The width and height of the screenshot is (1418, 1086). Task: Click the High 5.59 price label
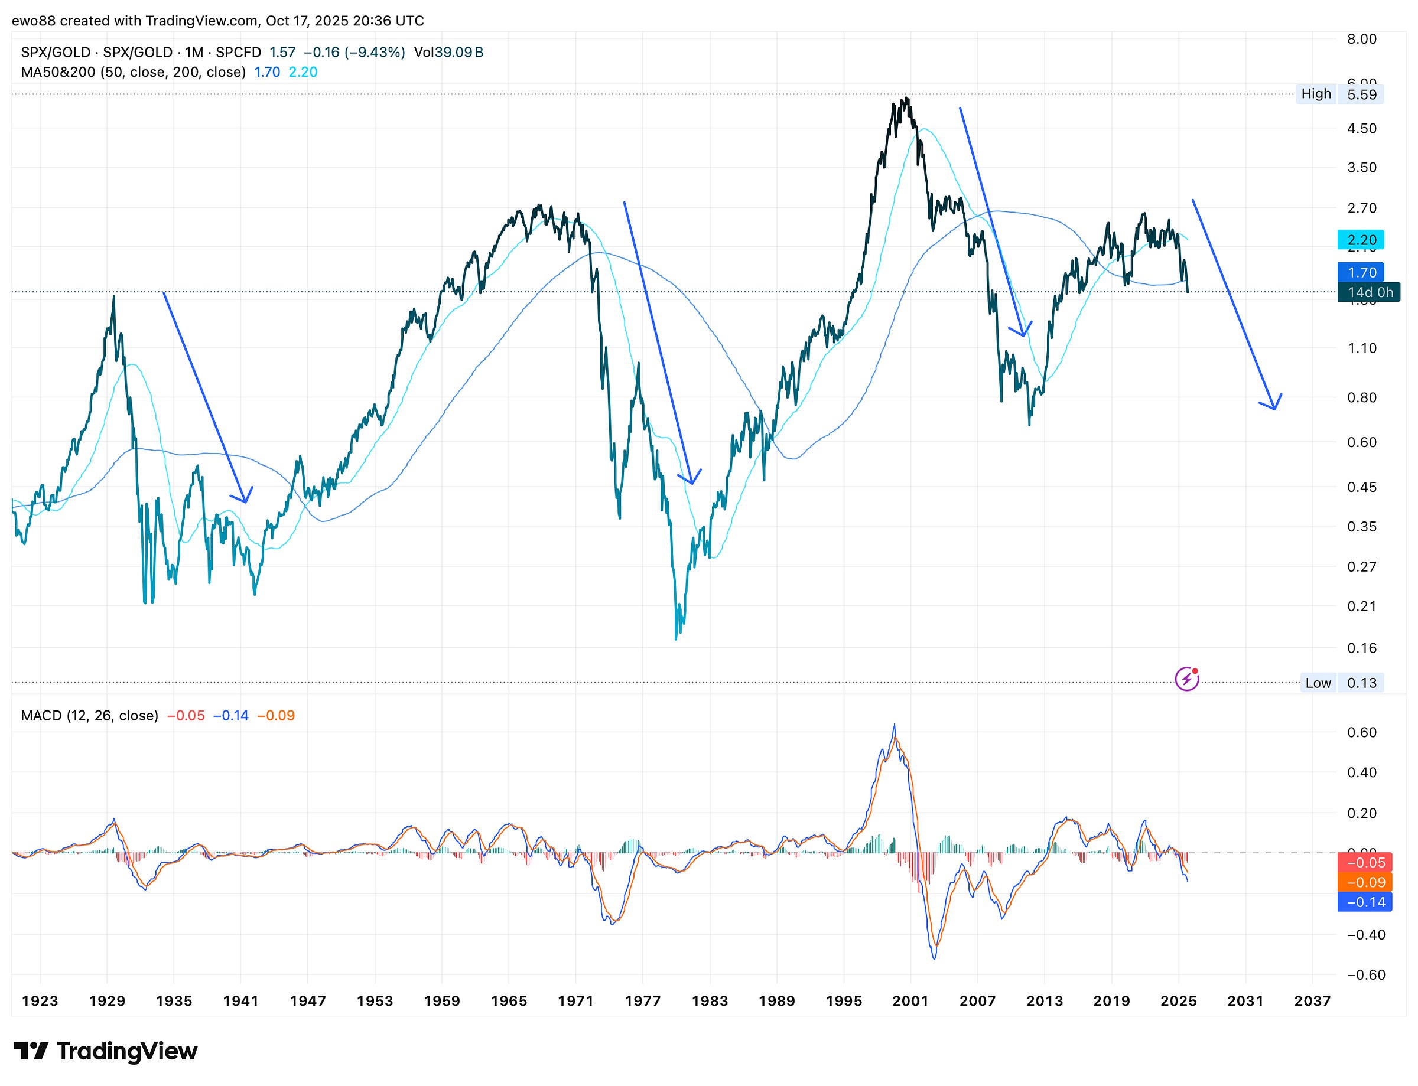[1339, 94]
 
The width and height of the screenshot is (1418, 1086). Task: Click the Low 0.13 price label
[1342, 683]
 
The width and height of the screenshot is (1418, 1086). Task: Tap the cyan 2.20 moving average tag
[1361, 240]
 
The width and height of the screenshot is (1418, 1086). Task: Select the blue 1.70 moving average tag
[1361, 272]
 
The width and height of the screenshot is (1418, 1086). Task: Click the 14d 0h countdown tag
[1369, 292]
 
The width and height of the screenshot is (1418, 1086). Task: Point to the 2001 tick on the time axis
[910, 1001]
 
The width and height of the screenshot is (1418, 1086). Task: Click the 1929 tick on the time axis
[108, 1001]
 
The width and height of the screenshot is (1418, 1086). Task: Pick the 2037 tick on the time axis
[1312, 1001]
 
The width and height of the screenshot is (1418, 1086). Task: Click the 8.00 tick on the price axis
[1362, 39]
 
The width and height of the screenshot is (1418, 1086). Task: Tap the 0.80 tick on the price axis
[1362, 397]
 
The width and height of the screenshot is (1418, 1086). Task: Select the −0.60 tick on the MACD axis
[1365, 975]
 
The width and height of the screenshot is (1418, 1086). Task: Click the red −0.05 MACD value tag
[1365, 862]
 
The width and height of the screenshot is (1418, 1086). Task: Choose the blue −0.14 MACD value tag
[1365, 902]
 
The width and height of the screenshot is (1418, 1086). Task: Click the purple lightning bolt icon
[1186, 679]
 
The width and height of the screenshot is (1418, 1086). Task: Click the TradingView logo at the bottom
[105, 1051]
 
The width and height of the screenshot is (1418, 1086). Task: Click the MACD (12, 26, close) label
[89, 716]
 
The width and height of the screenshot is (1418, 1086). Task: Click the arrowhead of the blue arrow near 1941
[246, 501]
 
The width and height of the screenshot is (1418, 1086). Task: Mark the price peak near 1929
[114, 296]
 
